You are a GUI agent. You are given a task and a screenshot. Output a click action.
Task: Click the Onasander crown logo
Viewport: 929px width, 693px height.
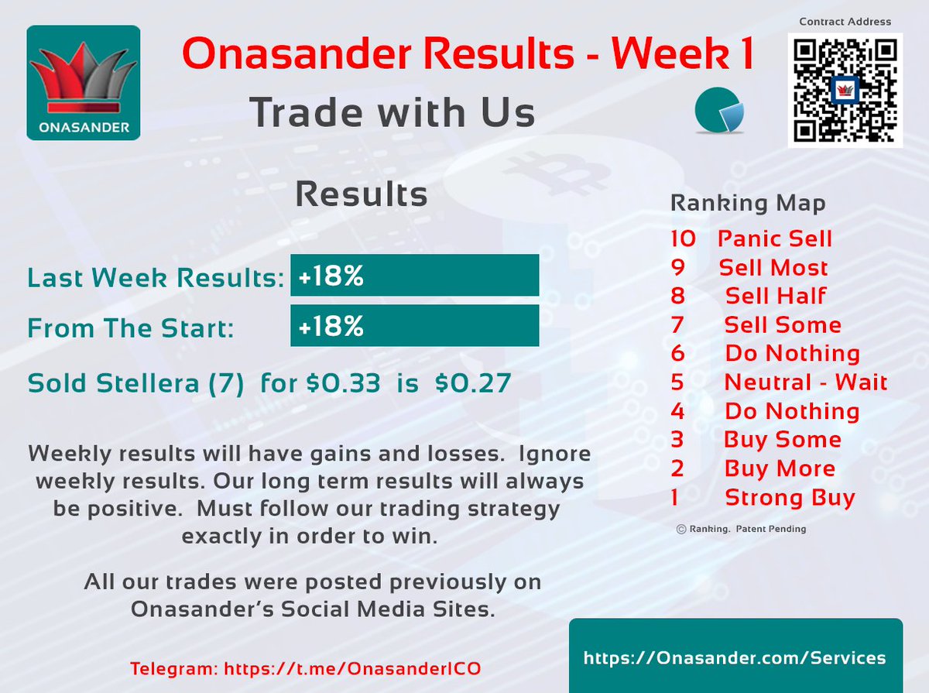pyautogui.click(x=84, y=83)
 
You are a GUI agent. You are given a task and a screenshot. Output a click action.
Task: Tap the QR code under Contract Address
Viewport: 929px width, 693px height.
pyautogui.click(x=845, y=90)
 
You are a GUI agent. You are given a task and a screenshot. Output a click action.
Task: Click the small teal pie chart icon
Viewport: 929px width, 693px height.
pyautogui.click(x=719, y=111)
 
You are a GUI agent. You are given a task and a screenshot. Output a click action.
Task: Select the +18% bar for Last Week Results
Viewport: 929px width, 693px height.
pyautogui.click(x=414, y=276)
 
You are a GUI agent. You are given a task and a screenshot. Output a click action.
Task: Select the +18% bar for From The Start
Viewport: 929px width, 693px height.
pyautogui.click(x=414, y=326)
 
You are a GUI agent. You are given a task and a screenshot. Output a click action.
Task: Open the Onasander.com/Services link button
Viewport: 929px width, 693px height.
pyautogui.click(x=735, y=657)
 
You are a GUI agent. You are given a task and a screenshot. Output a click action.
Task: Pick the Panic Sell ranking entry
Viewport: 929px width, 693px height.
pyautogui.click(x=774, y=238)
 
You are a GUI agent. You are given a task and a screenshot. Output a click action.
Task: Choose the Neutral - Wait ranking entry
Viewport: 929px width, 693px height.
pyautogui.click(x=805, y=382)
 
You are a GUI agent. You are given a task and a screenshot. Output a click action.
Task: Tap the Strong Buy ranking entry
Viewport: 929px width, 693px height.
pyautogui.click(x=789, y=497)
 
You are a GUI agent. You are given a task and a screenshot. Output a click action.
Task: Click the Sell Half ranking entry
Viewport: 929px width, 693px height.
pyautogui.click(x=775, y=296)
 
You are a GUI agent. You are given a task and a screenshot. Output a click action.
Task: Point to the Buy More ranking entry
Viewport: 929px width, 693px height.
pyautogui.click(x=779, y=468)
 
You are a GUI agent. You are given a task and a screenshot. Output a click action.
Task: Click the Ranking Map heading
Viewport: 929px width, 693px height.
pyautogui.click(x=747, y=203)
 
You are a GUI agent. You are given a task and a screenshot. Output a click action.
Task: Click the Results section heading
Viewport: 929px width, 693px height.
pyautogui.click(x=362, y=194)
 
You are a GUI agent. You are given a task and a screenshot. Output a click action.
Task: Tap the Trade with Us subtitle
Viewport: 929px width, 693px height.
pyautogui.click(x=392, y=112)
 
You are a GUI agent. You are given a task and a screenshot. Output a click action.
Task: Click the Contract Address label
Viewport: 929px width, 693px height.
pyautogui.click(x=845, y=22)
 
